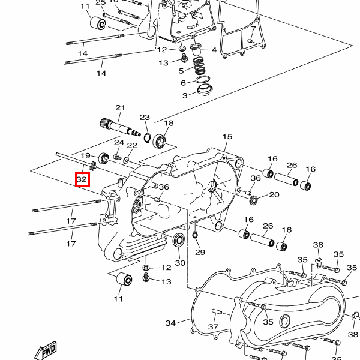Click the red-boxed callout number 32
pos(82,179)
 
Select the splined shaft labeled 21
pos(124,128)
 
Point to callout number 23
pos(145,117)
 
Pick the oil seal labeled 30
pos(179,242)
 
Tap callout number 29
pos(200,252)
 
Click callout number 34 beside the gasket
pos(171,323)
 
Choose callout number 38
pos(318,245)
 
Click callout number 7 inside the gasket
pos(253,29)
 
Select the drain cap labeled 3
pos(203,92)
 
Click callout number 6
pos(184,83)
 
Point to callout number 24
pos(119,143)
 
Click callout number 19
pos(86,155)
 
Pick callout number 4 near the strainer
pos(214,50)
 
